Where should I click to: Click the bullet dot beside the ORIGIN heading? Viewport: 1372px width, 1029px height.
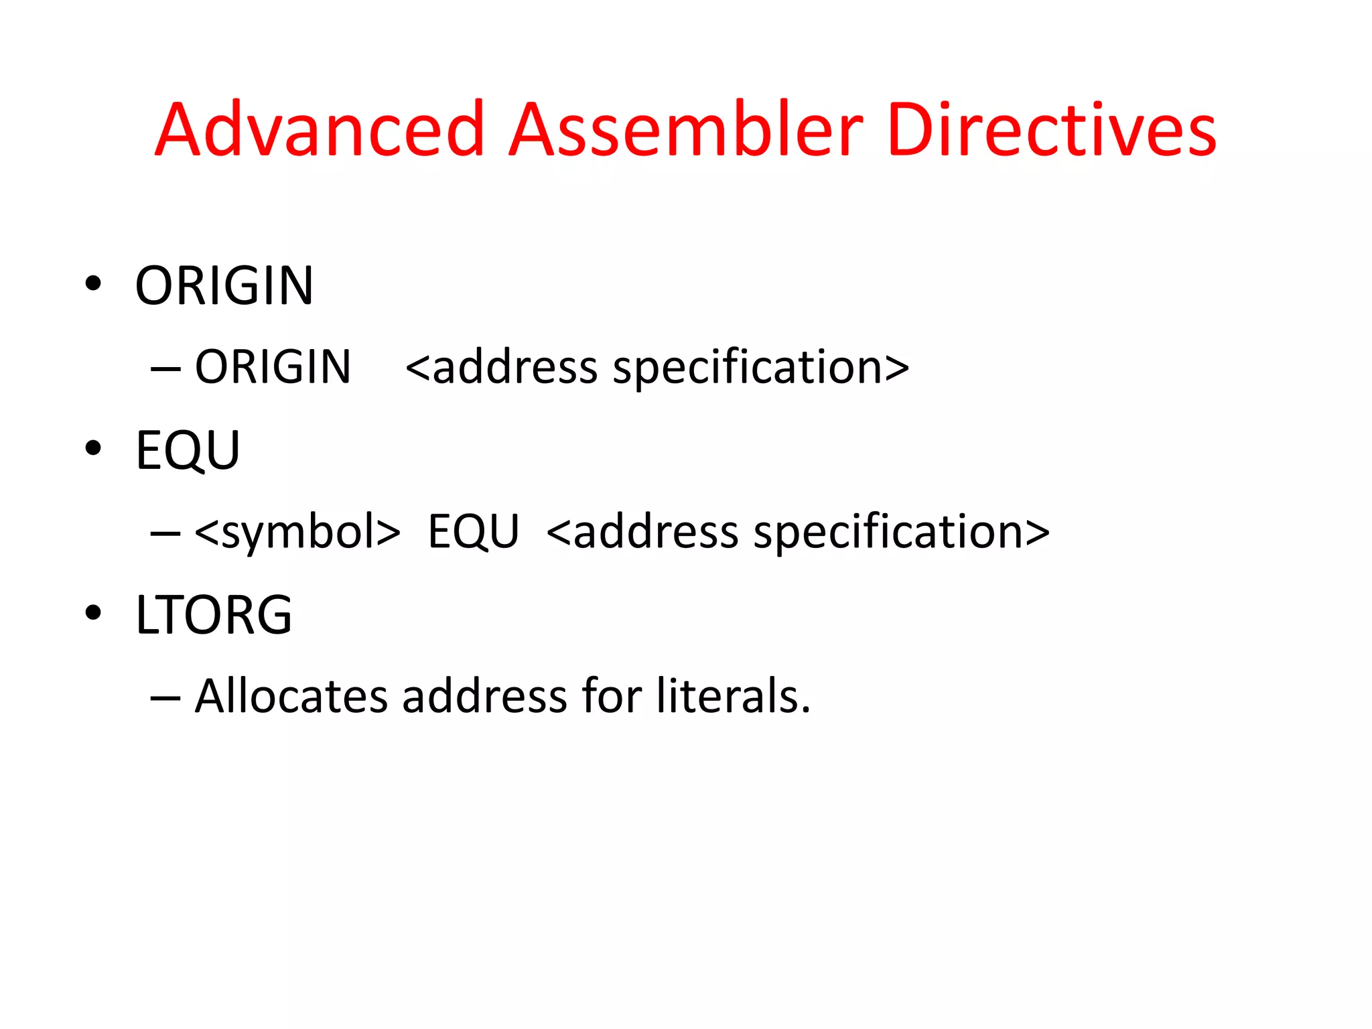coord(93,283)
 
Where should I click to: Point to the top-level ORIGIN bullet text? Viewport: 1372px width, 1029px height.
coord(224,286)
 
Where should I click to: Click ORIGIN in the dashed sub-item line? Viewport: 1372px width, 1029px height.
coord(273,367)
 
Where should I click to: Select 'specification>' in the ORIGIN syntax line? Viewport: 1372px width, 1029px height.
coord(761,367)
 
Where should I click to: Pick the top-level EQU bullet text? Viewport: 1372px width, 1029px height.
coord(188,450)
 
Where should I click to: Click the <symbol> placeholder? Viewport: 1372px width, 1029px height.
coord(297,532)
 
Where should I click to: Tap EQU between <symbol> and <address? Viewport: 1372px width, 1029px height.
coord(473,532)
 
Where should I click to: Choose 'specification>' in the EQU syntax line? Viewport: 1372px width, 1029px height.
coord(902,532)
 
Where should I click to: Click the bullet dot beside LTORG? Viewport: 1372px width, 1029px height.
coord(93,612)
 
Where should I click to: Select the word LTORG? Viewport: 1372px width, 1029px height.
coord(214,615)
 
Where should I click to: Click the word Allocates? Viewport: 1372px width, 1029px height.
coord(291,696)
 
